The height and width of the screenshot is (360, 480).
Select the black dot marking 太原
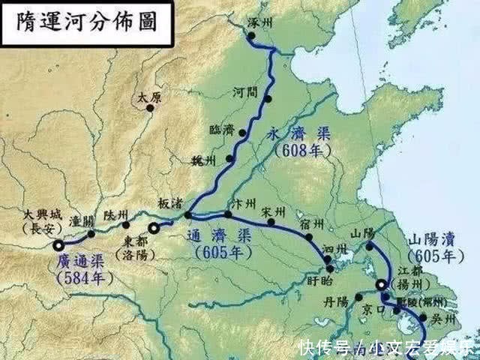[x=150, y=108]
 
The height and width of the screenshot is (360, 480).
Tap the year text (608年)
[x=297, y=150]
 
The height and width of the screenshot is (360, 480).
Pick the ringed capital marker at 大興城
[x=58, y=245]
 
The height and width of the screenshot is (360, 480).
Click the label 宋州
[x=275, y=211]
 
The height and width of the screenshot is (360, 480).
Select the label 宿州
[x=313, y=223]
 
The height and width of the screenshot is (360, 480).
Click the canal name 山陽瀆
[x=432, y=240]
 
